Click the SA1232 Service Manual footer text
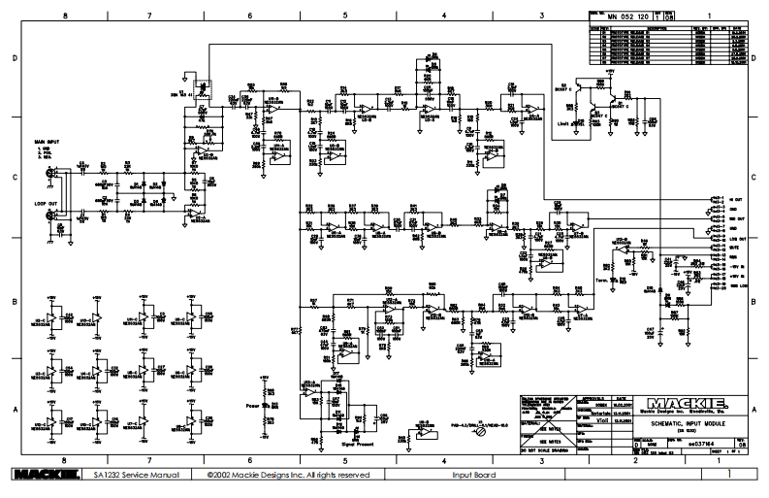tap(134, 475)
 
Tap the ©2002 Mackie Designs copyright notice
tap(288, 475)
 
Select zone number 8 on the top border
tap(65, 17)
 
